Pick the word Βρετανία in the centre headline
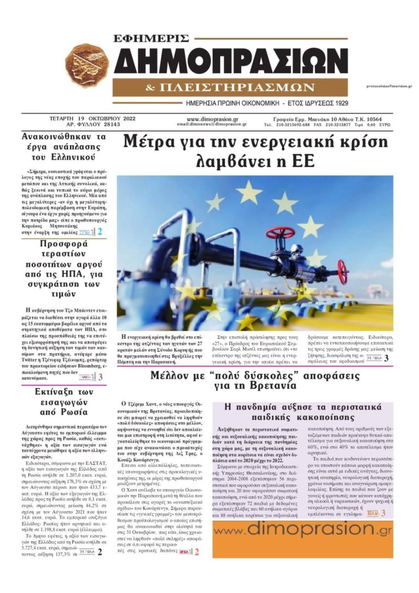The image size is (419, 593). pyautogui.click(x=268, y=385)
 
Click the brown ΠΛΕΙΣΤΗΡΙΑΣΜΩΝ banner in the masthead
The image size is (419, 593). pyautogui.click(x=231, y=87)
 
